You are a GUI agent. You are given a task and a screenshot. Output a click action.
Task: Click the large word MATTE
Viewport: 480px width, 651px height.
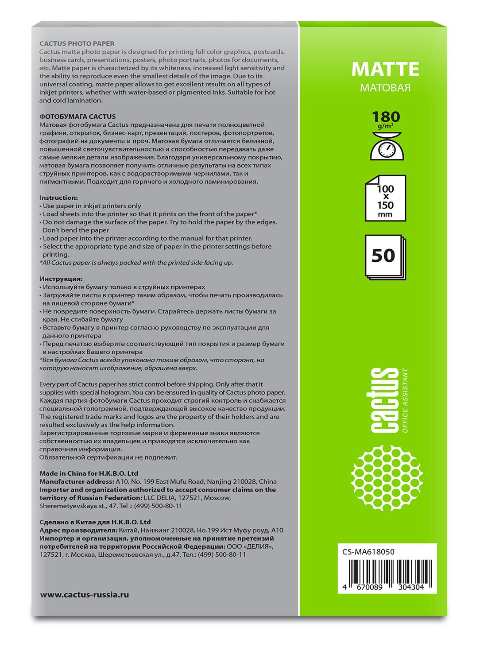(385, 70)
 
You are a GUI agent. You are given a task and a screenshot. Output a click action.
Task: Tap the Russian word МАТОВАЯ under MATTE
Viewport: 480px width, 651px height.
(385, 88)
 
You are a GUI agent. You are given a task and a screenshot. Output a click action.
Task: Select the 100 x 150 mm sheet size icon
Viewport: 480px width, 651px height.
(384, 198)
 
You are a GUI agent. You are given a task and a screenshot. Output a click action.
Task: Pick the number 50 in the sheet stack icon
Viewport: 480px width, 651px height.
(383, 256)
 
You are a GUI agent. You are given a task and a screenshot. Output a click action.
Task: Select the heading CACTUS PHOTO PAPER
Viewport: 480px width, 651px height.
(77, 43)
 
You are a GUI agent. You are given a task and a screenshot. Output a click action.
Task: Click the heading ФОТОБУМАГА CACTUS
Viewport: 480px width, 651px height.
(77, 116)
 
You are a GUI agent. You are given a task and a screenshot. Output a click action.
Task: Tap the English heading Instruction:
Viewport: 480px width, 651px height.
(58, 198)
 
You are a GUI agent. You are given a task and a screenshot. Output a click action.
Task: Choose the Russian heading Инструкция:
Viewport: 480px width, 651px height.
(61, 279)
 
